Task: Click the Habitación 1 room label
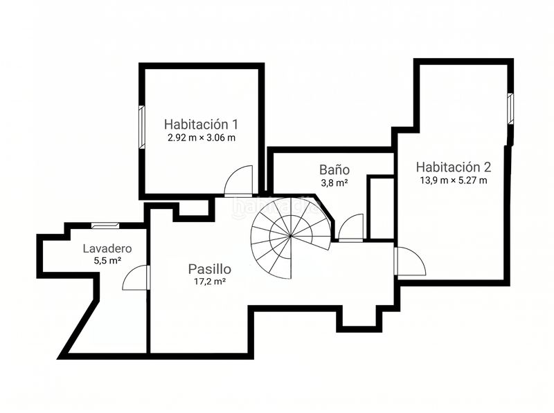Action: click(x=201, y=125)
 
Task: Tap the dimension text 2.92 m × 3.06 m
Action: click(x=202, y=138)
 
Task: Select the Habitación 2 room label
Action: click(x=454, y=167)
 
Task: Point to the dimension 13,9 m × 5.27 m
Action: click(x=454, y=181)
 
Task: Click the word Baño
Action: click(x=334, y=169)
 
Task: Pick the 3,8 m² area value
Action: click(x=334, y=183)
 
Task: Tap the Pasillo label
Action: click(x=210, y=269)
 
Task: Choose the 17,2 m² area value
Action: click(x=210, y=282)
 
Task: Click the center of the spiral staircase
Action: click(x=290, y=236)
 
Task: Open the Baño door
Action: click(x=351, y=228)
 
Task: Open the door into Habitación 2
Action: click(x=410, y=261)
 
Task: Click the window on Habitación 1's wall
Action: click(x=142, y=127)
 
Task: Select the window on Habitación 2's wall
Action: click(x=510, y=108)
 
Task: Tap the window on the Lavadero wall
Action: click(x=105, y=226)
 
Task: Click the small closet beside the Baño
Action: click(x=382, y=208)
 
